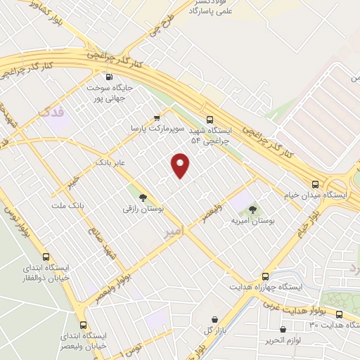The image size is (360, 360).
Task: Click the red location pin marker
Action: [181, 165]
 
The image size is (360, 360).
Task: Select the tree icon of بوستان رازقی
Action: [143, 198]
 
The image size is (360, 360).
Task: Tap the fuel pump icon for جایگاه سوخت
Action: [108, 77]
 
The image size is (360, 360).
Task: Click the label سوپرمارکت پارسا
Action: [157, 129]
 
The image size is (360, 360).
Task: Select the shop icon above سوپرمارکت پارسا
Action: [157, 117]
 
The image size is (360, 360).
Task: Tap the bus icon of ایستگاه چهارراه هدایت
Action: [265, 276]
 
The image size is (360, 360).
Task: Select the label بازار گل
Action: [210, 330]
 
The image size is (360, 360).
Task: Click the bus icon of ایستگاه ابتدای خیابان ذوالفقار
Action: [46, 257]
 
